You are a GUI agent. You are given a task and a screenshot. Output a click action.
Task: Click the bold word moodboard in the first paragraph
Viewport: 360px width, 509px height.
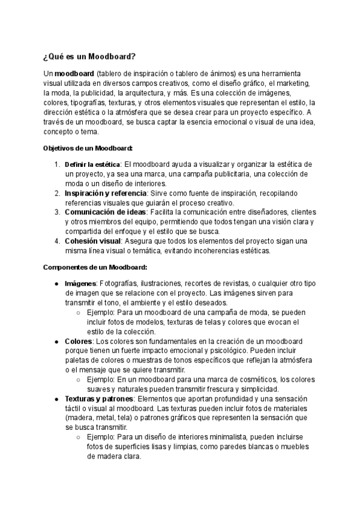(73, 73)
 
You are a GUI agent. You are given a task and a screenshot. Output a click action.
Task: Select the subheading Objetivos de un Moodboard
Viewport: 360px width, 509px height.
(88, 148)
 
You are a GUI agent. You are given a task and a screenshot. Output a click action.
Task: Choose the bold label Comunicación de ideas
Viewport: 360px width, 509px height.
(105, 212)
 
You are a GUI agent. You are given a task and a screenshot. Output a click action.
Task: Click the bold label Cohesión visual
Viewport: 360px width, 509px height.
(93, 241)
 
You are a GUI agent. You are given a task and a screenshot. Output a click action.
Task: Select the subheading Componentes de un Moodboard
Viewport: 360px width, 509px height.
(95, 267)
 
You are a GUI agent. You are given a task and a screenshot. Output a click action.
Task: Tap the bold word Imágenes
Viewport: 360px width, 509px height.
(80, 283)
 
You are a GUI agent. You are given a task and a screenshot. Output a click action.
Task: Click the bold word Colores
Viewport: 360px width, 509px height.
(79, 341)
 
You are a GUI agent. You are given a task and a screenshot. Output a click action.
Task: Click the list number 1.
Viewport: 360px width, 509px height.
(56, 164)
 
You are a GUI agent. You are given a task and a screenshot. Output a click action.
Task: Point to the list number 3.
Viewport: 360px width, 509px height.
(56, 212)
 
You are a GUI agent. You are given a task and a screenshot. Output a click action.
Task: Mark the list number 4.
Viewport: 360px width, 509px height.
(56, 241)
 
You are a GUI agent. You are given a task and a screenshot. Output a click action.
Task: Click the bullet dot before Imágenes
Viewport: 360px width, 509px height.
(56, 283)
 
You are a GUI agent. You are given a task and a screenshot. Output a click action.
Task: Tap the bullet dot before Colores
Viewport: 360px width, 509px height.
(56, 341)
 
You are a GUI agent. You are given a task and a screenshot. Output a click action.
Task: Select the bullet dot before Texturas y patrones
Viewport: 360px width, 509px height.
(56, 399)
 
